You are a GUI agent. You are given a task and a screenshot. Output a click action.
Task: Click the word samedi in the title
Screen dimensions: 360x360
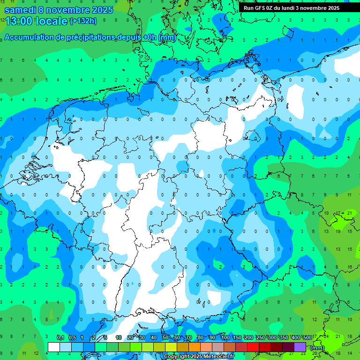[x=20, y=9]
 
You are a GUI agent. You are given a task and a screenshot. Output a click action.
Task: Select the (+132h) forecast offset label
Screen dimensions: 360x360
[x=82, y=21]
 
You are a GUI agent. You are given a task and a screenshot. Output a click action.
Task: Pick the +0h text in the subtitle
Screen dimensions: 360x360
[x=150, y=37]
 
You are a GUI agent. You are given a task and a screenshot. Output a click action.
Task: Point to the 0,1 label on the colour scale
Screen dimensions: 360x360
[x=60, y=338]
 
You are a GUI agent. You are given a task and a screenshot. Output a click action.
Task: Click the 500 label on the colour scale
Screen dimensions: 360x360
[x=307, y=338]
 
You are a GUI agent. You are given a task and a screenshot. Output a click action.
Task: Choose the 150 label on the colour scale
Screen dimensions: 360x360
[x=237, y=338]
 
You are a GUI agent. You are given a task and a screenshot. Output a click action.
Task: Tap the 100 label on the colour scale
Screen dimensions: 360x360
[x=225, y=338]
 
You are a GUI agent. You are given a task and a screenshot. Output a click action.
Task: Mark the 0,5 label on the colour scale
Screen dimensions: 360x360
[x=72, y=338]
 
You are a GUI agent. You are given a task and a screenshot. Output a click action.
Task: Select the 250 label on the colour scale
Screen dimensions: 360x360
[x=260, y=338]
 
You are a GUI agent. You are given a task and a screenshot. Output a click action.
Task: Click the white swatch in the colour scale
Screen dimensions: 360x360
[x=53, y=347]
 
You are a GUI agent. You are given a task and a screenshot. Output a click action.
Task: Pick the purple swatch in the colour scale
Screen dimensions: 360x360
[x=300, y=347]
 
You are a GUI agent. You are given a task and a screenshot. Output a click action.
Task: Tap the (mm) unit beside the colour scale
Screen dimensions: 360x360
[x=317, y=348]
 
